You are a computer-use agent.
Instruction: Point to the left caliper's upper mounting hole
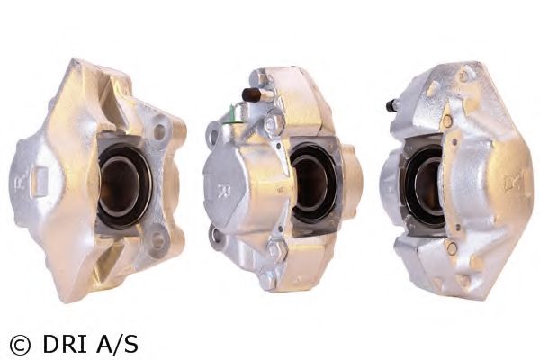(159, 132)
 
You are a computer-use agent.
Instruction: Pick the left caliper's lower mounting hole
(157, 240)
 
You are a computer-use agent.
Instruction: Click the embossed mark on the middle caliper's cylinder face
(221, 192)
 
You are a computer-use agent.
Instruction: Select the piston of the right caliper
(424, 184)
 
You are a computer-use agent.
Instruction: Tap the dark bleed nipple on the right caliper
(392, 105)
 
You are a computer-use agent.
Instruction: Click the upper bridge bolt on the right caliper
(446, 120)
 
